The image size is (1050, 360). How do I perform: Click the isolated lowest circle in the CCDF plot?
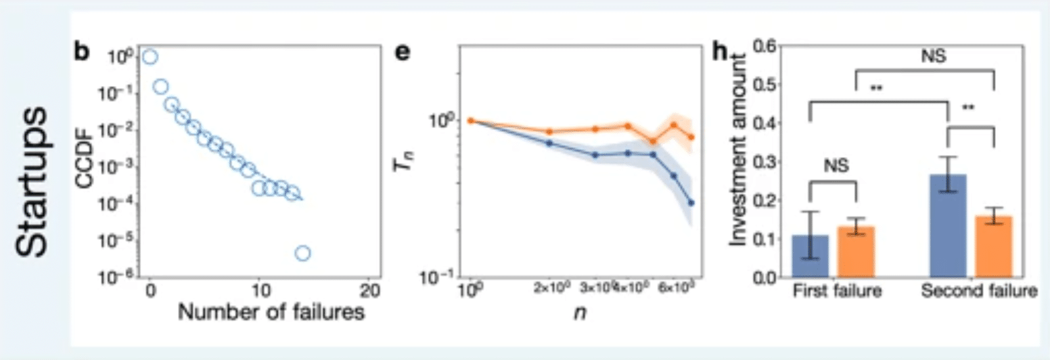(x=302, y=253)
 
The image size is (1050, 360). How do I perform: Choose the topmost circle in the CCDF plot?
(x=150, y=57)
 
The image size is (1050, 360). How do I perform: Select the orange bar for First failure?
(x=857, y=252)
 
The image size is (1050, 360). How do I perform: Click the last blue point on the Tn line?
(x=691, y=202)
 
